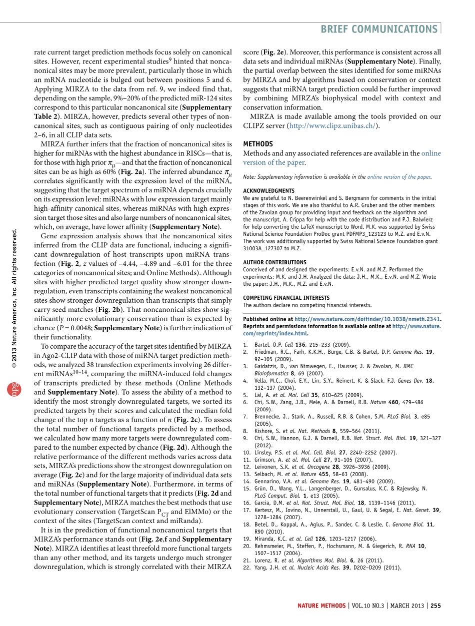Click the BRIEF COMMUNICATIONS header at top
pos(379,29)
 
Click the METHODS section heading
pos(258,144)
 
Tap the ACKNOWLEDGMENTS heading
pos(269,191)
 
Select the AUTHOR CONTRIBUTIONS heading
pos(274,262)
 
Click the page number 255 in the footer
pos(435,606)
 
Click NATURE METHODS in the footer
pos(321,606)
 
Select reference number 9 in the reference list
pos(245,438)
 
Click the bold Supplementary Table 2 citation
pos(208,107)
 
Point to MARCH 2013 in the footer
pos(407,606)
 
